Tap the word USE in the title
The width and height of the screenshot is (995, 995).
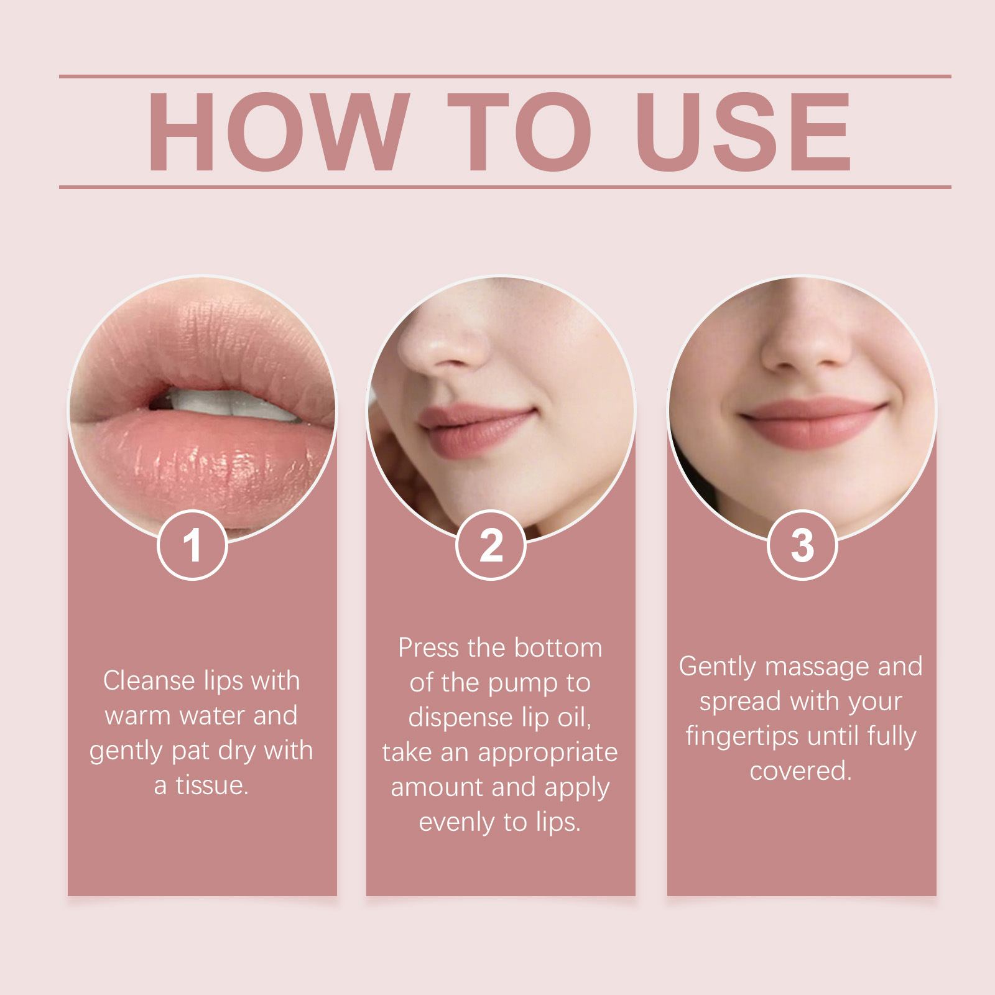pyautogui.click(x=743, y=132)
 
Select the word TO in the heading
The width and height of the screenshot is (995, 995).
pyautogui.click(x=519, y=132)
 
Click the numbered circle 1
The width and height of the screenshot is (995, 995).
pyautogui.click(x=192, y=545)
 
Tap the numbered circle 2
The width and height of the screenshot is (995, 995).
pyautogui.click(x=491, y=545)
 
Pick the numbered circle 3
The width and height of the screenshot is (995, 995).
pyautogui.click(x=802, y=545)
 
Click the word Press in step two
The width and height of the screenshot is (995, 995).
pyautogui.click(x=428, y=648)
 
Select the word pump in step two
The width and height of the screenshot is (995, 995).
pyautogui.click(x=522, y=684)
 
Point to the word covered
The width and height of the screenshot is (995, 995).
pyautogui.click(x=800, y=771)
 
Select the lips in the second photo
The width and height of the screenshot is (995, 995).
pyautogui.click(x=476, y=429)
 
